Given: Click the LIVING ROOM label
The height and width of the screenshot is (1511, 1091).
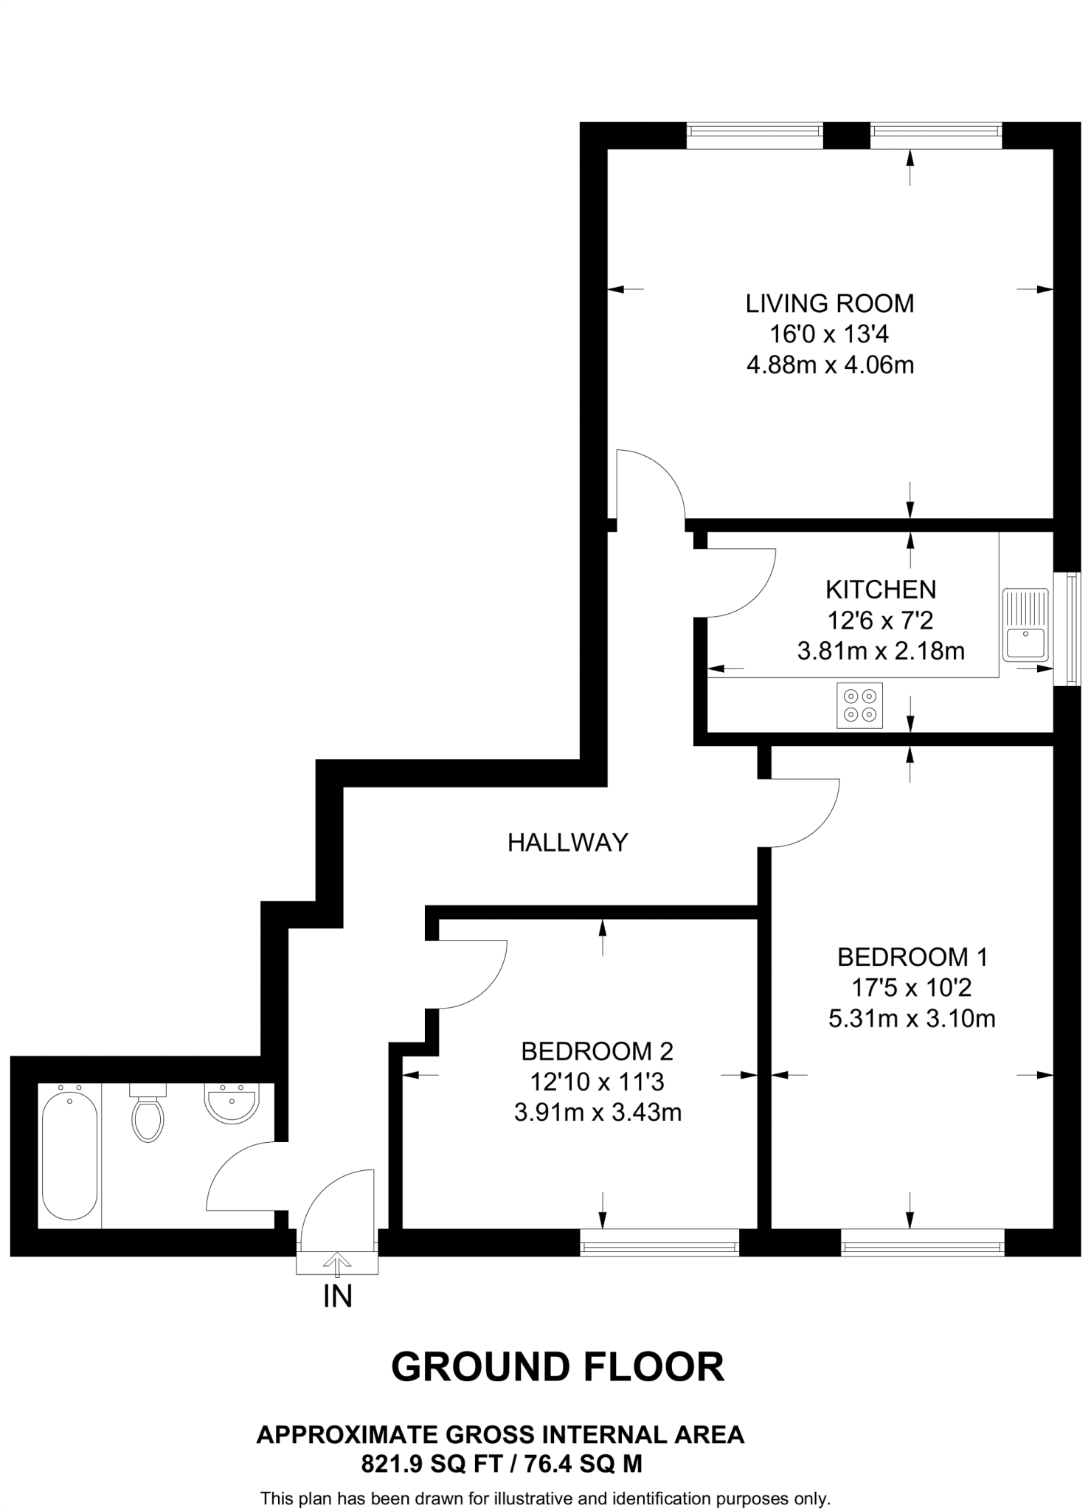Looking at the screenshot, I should (830, 303).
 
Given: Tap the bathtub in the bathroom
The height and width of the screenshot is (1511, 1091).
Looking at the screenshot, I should (69, 1156).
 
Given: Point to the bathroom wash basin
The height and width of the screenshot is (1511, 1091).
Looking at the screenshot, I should (232, 1103).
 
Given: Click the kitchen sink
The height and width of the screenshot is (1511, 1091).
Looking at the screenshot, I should (1025, 624).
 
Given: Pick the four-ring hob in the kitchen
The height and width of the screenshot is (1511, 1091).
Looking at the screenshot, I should (860, 705).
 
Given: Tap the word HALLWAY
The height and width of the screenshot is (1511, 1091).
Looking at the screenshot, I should (567, 842).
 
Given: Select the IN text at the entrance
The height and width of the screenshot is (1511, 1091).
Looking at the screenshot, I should (337, 1296).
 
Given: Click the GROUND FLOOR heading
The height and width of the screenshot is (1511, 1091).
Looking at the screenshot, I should (557, 1367).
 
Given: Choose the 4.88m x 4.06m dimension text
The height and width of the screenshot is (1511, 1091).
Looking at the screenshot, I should (830, 365).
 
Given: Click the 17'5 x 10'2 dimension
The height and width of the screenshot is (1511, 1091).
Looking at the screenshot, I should (912, 988).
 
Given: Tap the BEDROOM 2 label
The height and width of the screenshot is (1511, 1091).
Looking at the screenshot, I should (597, 1051).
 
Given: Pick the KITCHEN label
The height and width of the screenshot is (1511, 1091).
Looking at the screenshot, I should (881, 589).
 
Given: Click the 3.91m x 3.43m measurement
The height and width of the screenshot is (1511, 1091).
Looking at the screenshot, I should (598, 1113).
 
